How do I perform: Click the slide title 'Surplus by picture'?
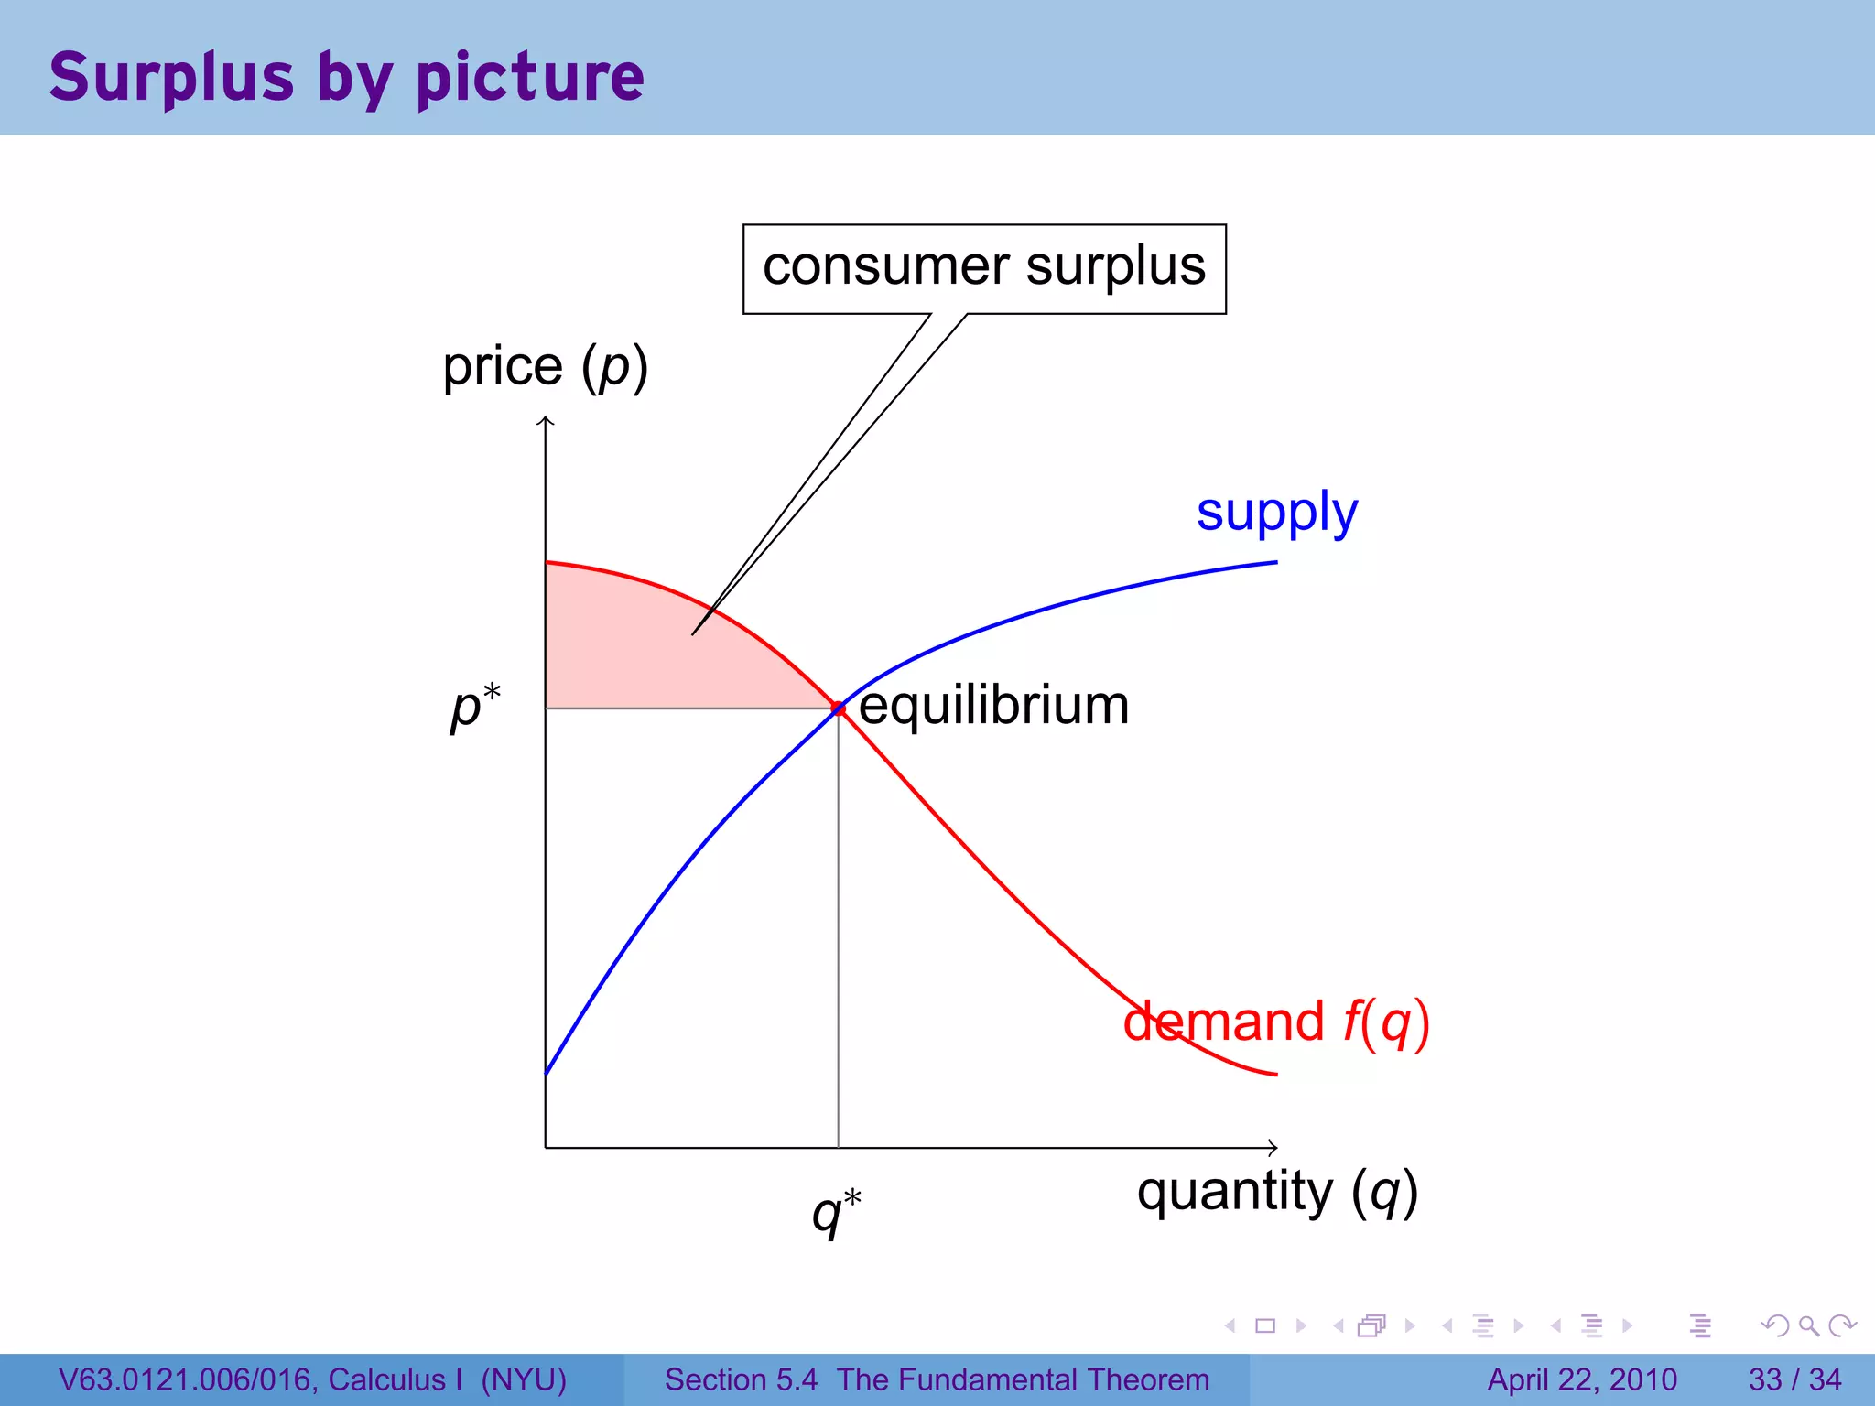click(x=346, y=77)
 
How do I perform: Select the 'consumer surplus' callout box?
click(x=984, y=268)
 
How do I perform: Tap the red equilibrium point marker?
click(x=838, y=708)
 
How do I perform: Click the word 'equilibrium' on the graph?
click(x=993, y=706)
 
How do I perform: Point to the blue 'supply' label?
click(x=1276, y=513)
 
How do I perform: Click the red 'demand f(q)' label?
click(x=1276, y=1022)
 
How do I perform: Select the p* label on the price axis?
click(x=475, y=706)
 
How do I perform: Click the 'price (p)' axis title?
click(x=545, y=367)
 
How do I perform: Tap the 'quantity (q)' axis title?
click(x=1277, y=1192)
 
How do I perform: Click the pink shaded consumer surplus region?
click(x=641, y=650)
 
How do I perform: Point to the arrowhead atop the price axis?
click(x=546, y=420)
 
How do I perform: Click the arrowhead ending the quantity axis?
click(x=1273, y=1147)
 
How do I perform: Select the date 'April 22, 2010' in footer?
click(x=1582, y=1379)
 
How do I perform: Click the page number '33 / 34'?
click(x=1794, y=1379)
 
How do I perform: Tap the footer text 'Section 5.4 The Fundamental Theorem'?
click(x=937, y=1379)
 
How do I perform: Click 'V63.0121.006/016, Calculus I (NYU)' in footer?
click(x=312, y=1379)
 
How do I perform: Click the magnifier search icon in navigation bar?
click(x=1808, y=1325)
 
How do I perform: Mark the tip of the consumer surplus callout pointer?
click(x=693, y=634)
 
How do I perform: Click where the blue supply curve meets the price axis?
click(x=547, y=1073)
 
